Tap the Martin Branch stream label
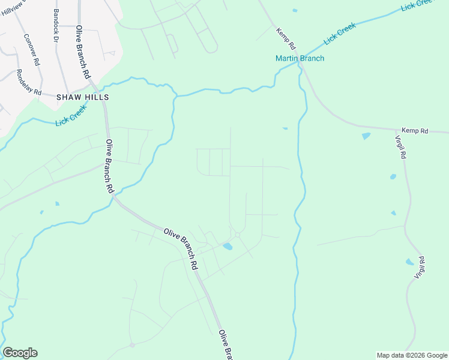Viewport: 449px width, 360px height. (x=300, y=58)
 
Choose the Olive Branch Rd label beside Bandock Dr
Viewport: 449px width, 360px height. (x=83, y=53)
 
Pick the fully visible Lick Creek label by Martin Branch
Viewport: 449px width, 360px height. (x=340, y=34)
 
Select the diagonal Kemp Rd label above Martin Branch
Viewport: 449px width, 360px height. (x=286, y=38)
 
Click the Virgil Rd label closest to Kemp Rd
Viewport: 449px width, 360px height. (x=402, y=146)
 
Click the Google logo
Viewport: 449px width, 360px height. (x=20, y=353)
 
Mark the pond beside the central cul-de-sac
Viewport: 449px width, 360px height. (x=228, y=246)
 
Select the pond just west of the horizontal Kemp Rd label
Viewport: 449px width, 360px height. (x=366, y=136)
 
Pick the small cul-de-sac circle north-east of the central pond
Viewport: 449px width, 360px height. (x=238, y=234)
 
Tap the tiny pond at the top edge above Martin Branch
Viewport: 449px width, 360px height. (x=294, y=10)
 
